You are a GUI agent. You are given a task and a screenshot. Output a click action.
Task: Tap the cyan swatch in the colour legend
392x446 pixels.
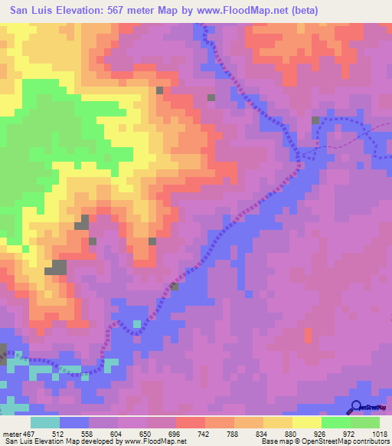(x=45, y=422)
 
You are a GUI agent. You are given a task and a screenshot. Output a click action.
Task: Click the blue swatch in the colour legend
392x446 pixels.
(x=74, y=422)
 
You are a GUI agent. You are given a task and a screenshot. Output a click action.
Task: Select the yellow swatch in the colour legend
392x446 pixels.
(x=307, y=422)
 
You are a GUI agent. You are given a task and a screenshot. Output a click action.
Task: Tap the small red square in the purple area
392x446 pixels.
(x=308, y=335)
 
